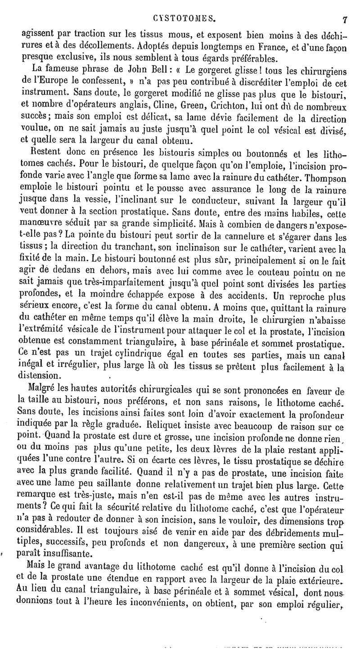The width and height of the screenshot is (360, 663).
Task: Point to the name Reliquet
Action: (162, 423)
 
